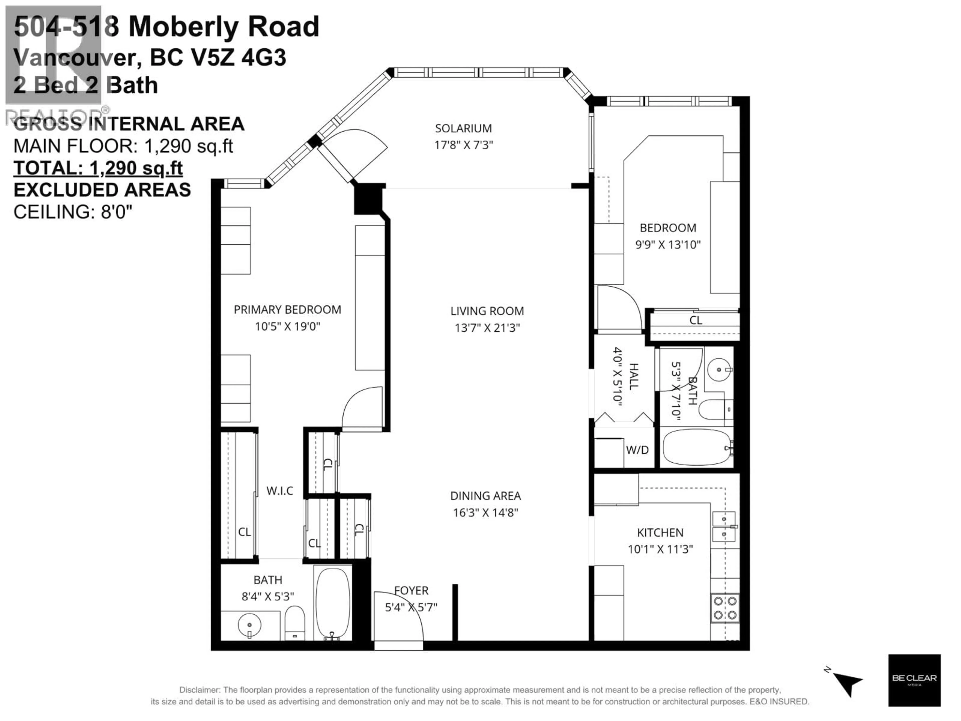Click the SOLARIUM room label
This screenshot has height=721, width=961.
click(x=463, y=129)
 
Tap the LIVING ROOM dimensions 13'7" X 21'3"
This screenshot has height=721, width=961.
click(x=487, y=328)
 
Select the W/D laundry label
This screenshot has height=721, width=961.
click(x=637, y=450)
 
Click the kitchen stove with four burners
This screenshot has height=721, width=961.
click(x=725, y=608)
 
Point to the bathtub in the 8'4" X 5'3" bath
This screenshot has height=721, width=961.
click(x=332, y=603)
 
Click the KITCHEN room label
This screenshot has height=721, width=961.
click(x=660, y=532)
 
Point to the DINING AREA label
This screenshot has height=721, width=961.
click(x=485, y=496)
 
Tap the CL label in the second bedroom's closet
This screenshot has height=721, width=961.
click(x=695, y=320)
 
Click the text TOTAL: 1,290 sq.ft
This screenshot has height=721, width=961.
click(x=98, y=168)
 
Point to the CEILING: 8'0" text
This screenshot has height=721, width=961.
click(x=73, y=212)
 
